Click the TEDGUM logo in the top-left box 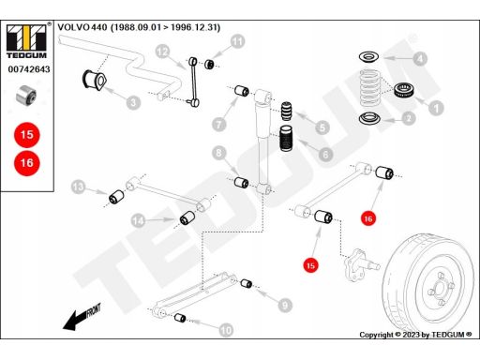click(x=26, y=41)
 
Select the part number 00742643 click(x=29, y=69)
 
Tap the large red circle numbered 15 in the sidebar click(x=27, y=135)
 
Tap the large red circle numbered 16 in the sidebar click(x=27, y=163)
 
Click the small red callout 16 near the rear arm click(x=368, y=218)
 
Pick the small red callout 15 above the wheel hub click(x=310, y=265)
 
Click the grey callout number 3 click(x=133, y=102)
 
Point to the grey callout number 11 click(x=238, y=41)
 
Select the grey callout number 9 click(x=285, y=305)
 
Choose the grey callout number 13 click(x=78, y=187)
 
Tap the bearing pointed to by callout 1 click(x=404, y=90)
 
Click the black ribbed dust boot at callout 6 click(x=286, y=138)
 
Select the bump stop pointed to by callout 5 click(x=286, y=111)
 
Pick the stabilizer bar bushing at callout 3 click(x=95, y=80)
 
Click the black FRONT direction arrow click(x=82, y=317)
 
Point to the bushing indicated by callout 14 click(x=187, y=217)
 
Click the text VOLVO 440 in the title click(x=82, y=27)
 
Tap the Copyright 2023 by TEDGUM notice click(x=415, y=335)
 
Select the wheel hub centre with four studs click(x=441, y=289)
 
